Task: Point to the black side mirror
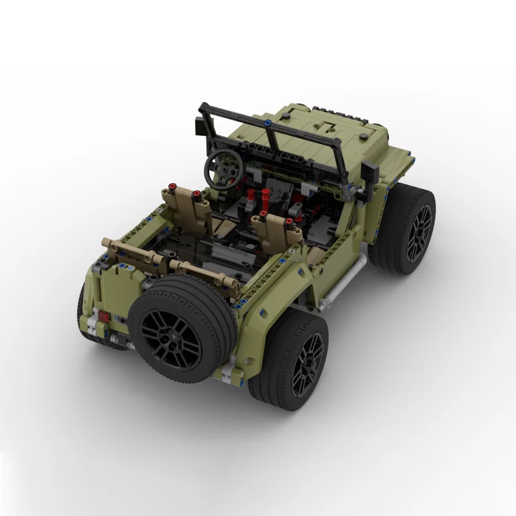tap(370, 171)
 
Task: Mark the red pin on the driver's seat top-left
tap(172, 188)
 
